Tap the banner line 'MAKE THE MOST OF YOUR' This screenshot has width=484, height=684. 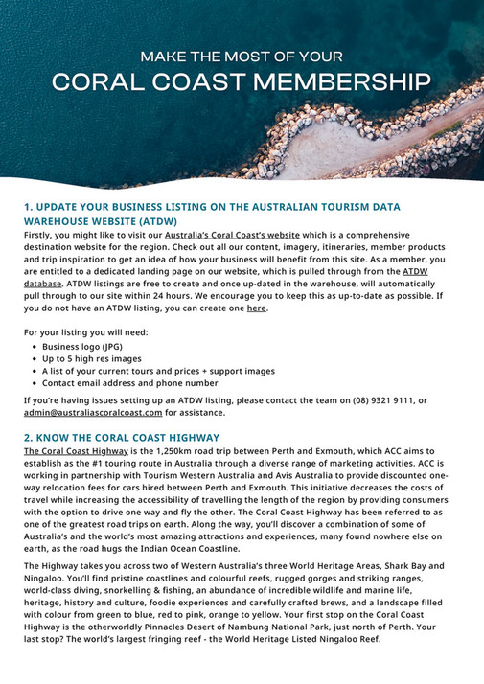[x=242, y=56]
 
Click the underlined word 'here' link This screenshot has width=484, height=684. [x=256, y=308]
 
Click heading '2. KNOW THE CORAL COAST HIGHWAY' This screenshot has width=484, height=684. [x=122, y=436]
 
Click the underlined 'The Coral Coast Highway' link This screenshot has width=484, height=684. [x=76, y=450]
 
